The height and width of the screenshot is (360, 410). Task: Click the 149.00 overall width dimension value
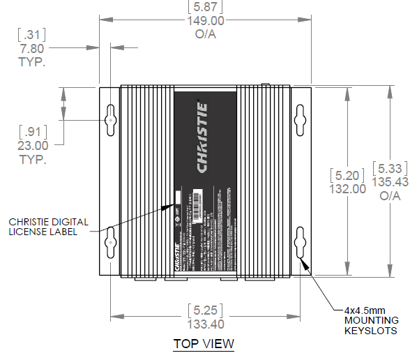204,20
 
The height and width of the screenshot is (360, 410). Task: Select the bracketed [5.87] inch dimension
204,8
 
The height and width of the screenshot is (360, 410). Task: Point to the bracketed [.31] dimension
32,34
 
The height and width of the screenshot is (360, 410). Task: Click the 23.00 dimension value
33,146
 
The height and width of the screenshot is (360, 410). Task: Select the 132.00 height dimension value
348,188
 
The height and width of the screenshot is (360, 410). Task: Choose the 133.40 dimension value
205,324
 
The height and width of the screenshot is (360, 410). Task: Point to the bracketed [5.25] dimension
205,310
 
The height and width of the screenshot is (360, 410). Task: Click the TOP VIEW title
204,344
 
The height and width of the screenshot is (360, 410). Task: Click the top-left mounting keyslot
112,119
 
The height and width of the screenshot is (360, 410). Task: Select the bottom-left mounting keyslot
112,243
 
